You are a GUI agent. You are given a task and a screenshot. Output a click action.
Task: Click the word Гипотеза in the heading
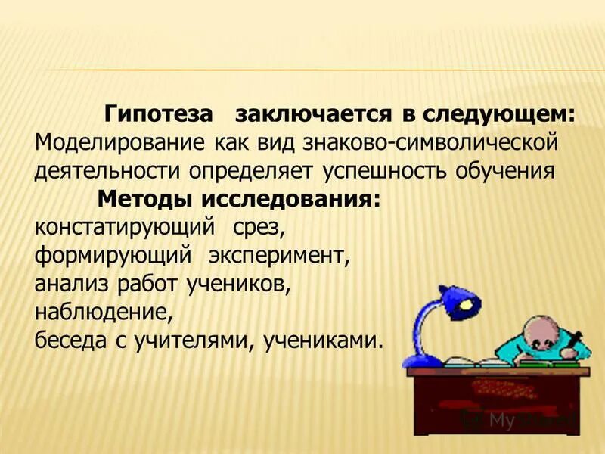[157, 115]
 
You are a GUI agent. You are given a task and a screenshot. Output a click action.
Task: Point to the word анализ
[71, 284]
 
